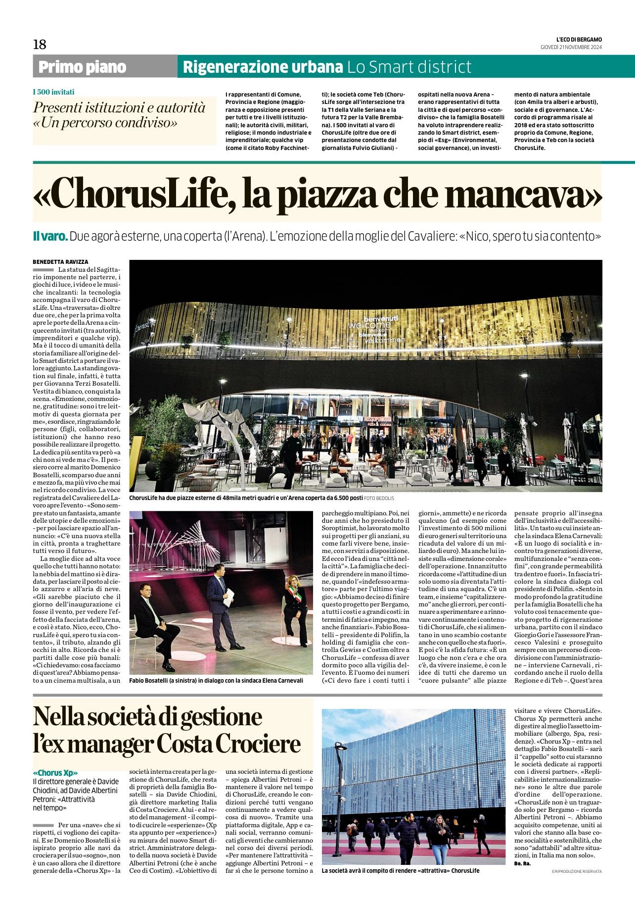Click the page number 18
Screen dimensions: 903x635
[40, 45]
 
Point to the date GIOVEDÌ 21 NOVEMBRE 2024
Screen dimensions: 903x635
[571, 47]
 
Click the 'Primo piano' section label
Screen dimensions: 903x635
[82, 67]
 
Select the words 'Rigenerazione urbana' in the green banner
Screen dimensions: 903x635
[263, 67]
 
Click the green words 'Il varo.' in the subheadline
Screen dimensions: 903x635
[50, 236]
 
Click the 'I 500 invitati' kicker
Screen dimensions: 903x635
[53, 92]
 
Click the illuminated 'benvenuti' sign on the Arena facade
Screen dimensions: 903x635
[380, 319]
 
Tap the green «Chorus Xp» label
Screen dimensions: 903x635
[55, 773]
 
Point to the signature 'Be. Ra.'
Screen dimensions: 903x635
[522, 863]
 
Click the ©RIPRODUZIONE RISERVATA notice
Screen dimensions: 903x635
[577, 871]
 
